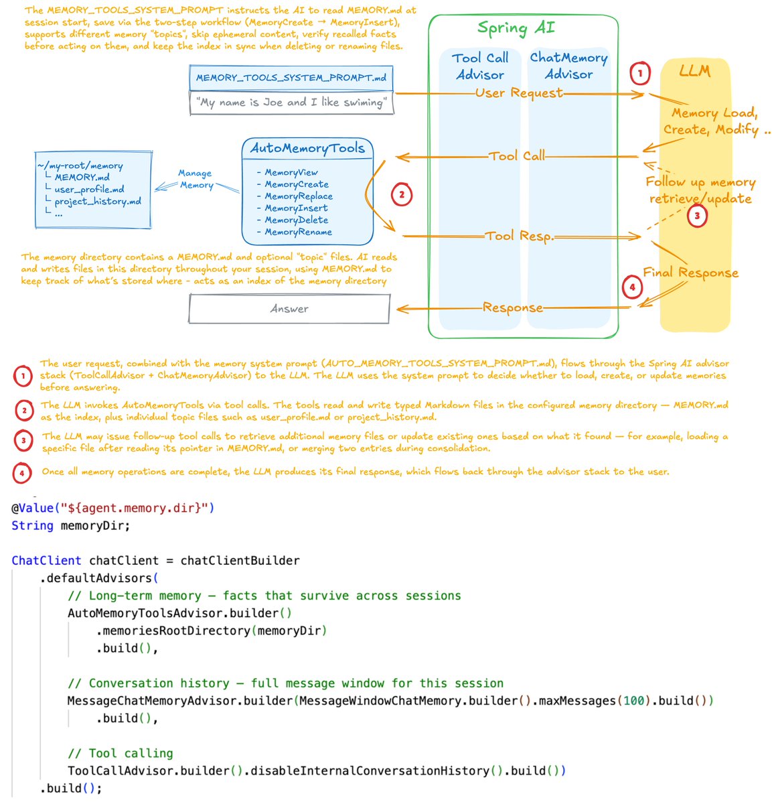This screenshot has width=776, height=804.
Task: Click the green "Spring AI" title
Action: pyautogui.click(x=516, y=28)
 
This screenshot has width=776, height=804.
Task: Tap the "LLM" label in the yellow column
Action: pyautogui.click(x=694, y=71)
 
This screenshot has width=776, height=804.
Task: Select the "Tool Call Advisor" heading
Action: pyautogui.click(x=480, y=66)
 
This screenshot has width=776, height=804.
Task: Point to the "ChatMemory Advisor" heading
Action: pyautogui.click(x=568, y=66)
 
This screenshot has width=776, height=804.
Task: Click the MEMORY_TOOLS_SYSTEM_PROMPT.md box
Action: pyautogui.click(x=291, y=78)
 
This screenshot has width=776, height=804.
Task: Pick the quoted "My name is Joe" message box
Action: pyautogui.click(x=291, y=103)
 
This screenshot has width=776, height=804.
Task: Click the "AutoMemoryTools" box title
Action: pyautogui.click(x=307, y=148)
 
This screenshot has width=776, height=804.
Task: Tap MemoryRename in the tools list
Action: pyautogui.click(x=298, y=232)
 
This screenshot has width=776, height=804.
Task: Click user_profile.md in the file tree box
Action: pyautogui.click(x=89, y=190)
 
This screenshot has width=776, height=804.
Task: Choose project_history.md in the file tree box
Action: pyautogui.click(x=98, y=202)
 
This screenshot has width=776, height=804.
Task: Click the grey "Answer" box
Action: pyautogui.click(x=289, y=309)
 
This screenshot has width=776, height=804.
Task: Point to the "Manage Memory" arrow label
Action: pyautogui.click(x=196, y=179)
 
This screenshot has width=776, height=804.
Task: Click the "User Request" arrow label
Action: pyautogui.click(x=519, y=93)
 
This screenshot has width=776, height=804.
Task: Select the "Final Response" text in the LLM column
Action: pyautogui.click(x=690, y=273)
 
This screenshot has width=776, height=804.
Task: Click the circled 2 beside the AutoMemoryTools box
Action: pyautogui.click(x=402, y=195)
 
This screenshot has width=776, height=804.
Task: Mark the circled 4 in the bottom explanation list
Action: pyautogui.click(x=22, y=473)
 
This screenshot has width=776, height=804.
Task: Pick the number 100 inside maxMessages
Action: pyautogui.click(x=634, y=701)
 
